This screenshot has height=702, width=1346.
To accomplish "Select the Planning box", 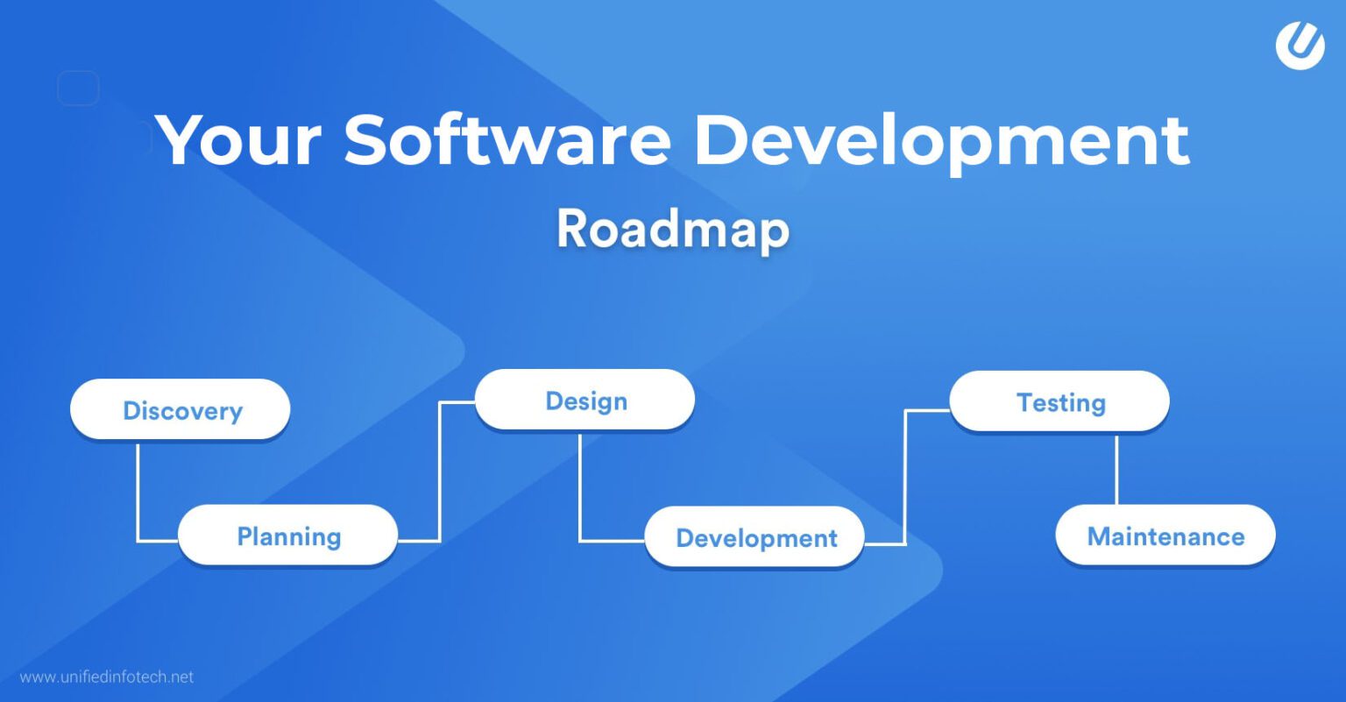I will coord(287,535).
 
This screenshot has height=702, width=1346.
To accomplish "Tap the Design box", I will coord(584,401).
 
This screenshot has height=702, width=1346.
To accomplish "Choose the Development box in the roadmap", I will coord(754,537).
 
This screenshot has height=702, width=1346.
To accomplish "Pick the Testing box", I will coord(1059,401).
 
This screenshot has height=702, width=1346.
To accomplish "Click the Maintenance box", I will coord(1165,535).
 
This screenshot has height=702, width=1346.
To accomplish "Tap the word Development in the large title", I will coord(940,140).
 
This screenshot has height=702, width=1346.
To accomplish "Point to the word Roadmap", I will coord(672,230).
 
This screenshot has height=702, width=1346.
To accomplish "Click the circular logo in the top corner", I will coord(1300,45).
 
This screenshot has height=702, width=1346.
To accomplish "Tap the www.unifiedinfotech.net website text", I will coord(106,677).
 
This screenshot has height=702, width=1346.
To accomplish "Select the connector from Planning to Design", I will coord(439,473).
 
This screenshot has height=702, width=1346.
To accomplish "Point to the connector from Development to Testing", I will coord(905,478).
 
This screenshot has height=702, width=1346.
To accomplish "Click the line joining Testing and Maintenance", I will coord(1116,469).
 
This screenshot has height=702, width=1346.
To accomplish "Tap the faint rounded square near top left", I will coord(78,88).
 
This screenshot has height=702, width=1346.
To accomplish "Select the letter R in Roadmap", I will coord(574,230).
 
